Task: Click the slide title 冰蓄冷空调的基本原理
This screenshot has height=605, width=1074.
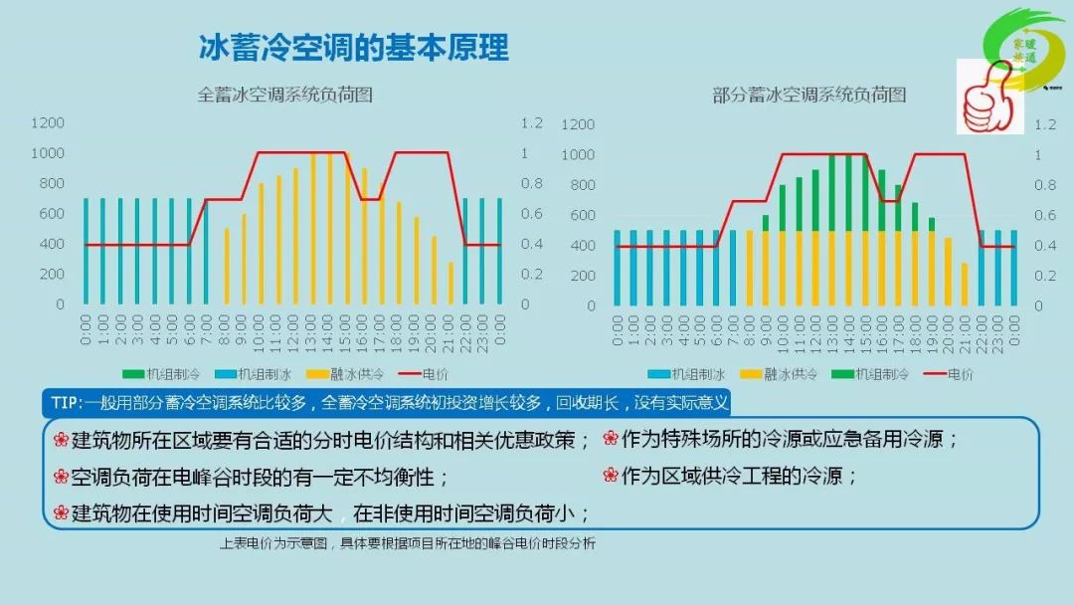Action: [x=353, y=47]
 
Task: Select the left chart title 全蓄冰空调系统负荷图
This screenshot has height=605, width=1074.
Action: [x=284, y=96]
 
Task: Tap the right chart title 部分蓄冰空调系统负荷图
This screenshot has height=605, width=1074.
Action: [x=809, y=96]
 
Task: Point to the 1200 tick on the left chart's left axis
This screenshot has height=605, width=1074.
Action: [x=47, y=122]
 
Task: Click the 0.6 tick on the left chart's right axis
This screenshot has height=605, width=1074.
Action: [x=532, y=213]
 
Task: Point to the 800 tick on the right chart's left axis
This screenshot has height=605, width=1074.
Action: [x=579, y=185]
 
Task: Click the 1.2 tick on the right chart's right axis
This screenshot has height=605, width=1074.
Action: [x=1044, y=124]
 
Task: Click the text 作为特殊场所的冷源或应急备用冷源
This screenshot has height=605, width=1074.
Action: [x=790, y=439]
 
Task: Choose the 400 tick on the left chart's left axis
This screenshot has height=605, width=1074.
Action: [x=51, y=244]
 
